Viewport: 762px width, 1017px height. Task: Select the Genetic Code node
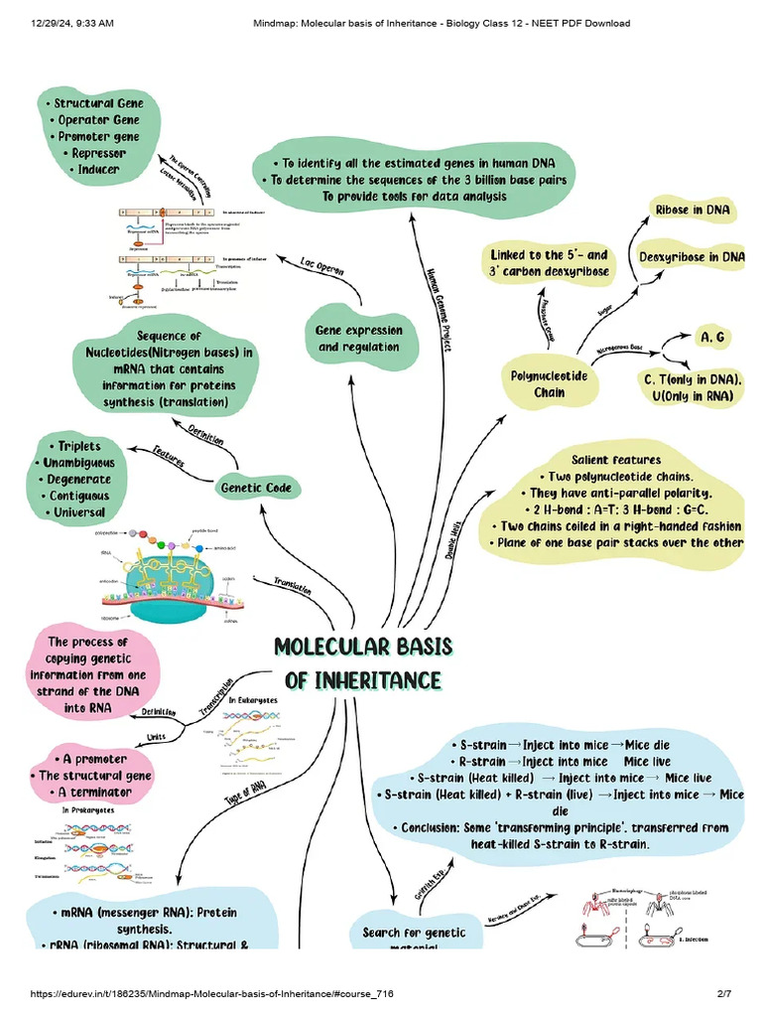pyautogui.click(x=255, y=488)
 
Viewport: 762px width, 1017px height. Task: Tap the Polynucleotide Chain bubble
pyautogui.click(x=549, y=384)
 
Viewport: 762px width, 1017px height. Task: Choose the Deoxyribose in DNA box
pyautogui.click(x=692, y=257)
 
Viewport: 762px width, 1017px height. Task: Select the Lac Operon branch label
pyautogui.click(x=322, y=271)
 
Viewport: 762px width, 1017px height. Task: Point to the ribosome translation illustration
pyautogui.click(x=189, y=576)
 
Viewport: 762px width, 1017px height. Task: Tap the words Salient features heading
pyautogui.click(x=615, y=460)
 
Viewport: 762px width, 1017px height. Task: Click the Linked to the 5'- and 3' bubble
pyautogui.click(x=549, y=263)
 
